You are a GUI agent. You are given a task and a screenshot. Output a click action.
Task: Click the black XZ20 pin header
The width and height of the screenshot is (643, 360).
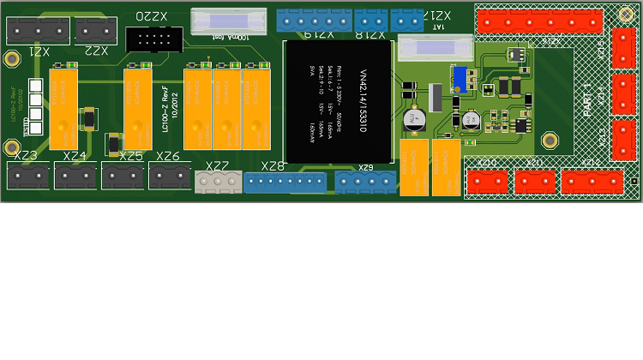coord(153,39)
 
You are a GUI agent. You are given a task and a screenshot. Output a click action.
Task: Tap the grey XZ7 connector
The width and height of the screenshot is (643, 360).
coord(217,183)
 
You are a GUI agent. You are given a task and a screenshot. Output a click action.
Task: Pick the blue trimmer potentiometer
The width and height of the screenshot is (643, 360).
coord(460,79)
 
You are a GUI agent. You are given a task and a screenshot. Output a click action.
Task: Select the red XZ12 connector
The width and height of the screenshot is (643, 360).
coord(592,182)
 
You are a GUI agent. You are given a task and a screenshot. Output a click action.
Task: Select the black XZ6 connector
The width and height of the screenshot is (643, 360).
coord(169,177)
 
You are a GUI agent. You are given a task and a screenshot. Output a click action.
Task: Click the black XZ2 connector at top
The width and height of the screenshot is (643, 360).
coord(96,31)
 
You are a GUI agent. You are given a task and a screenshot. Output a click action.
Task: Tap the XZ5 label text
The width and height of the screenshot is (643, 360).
coord(131,156)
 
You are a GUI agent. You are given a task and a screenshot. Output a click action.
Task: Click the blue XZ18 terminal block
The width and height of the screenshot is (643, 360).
coord(370,19)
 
